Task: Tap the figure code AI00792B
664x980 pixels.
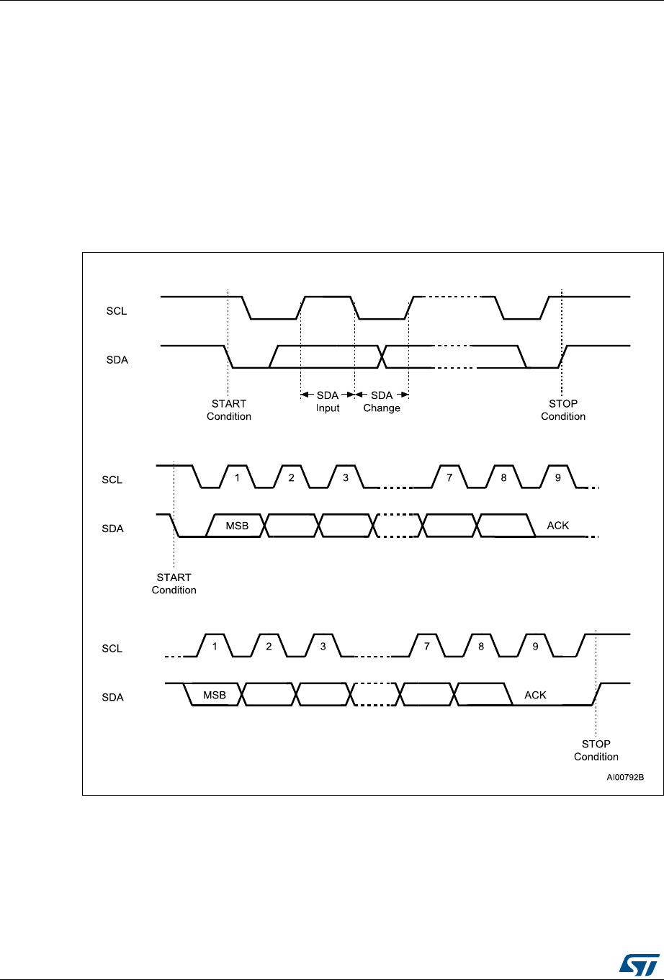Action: click(x=624, y=778)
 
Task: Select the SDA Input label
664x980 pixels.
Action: click(x=328, y=402)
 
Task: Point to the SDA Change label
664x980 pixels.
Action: click(x=382, y=402)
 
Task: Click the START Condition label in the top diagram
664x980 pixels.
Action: click(x=229, y=410)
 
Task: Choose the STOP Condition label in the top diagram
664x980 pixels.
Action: click(x=563, y=410)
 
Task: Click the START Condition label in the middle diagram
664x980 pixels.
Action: click(x=174, y=583)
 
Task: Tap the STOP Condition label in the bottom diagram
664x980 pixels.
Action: click(x=596, y=750)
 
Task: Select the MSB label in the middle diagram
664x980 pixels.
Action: click(x=237, y=526)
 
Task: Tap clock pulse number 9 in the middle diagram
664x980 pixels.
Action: click(x=558, y=478)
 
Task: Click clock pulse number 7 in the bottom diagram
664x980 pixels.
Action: click(x=427, y=647)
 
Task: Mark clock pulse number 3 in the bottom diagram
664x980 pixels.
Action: click(x=323, y=647)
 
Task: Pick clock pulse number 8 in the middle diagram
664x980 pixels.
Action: click(x=503, y=478)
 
